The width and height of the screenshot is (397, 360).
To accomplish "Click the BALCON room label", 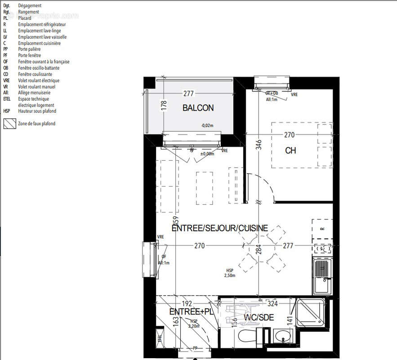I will (x=198, y=108).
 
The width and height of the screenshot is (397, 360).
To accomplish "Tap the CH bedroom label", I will (x=290, y=151).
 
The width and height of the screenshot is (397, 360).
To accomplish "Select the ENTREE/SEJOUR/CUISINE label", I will (x=220, y=228).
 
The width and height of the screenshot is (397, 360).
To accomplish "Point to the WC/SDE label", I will (x=259, y=318).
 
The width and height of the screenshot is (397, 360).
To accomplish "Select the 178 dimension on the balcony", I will (x=164, y=105).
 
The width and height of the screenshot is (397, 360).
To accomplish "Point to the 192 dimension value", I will (x=187, y=303).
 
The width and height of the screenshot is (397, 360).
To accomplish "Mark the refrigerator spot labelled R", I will (x=322, y=229).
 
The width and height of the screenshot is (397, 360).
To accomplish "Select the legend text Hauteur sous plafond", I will (x=37, y=111).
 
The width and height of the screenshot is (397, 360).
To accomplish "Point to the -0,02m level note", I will (x=206, y=126).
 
